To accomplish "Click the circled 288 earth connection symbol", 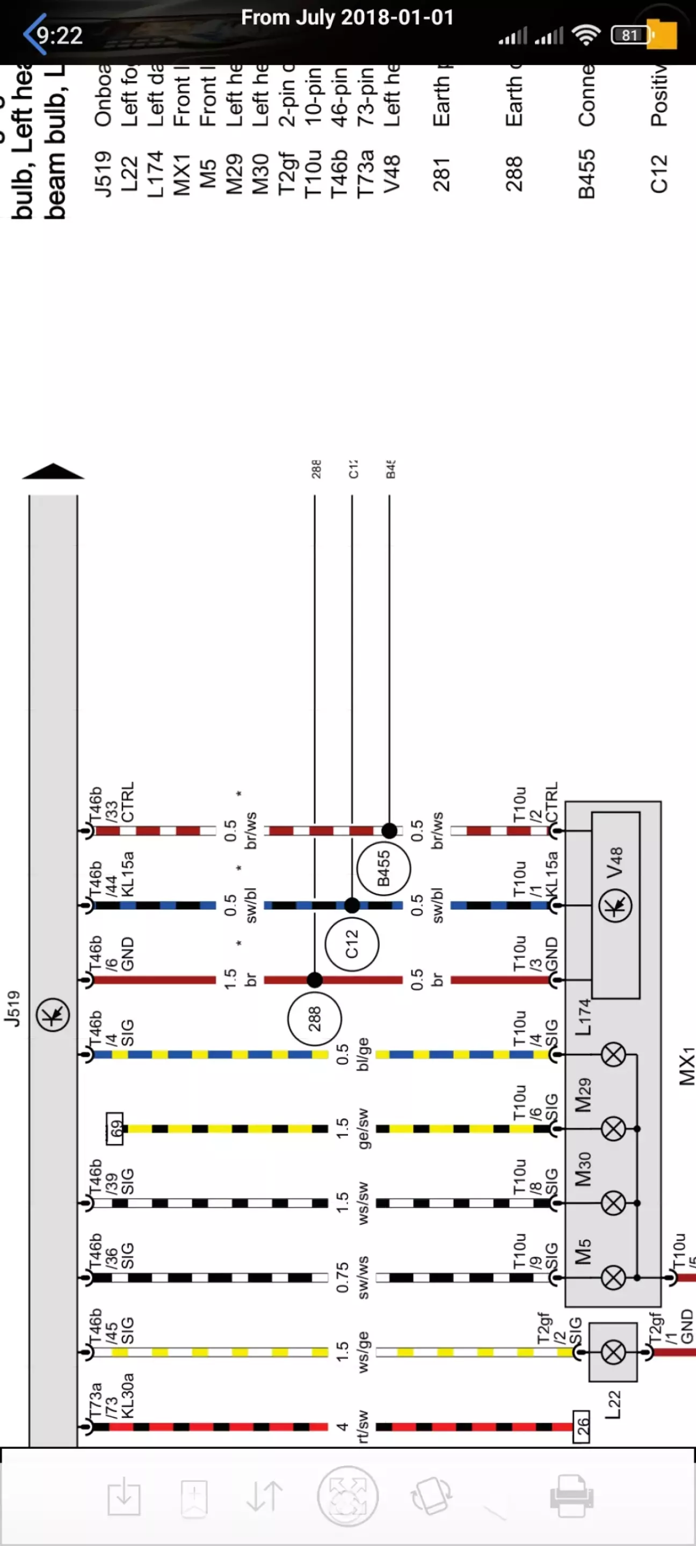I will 315,1019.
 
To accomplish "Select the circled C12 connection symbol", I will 352,944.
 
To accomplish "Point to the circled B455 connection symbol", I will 384,868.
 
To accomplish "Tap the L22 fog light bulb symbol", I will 613,1352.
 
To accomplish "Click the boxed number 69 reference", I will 114,1129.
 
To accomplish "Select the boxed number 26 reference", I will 581,1426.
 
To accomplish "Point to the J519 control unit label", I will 13,1008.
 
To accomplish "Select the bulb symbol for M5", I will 613,1277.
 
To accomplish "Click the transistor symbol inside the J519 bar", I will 53,1015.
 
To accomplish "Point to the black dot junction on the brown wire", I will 315,980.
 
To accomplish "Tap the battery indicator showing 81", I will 630,35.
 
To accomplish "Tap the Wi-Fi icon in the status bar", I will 586,35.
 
